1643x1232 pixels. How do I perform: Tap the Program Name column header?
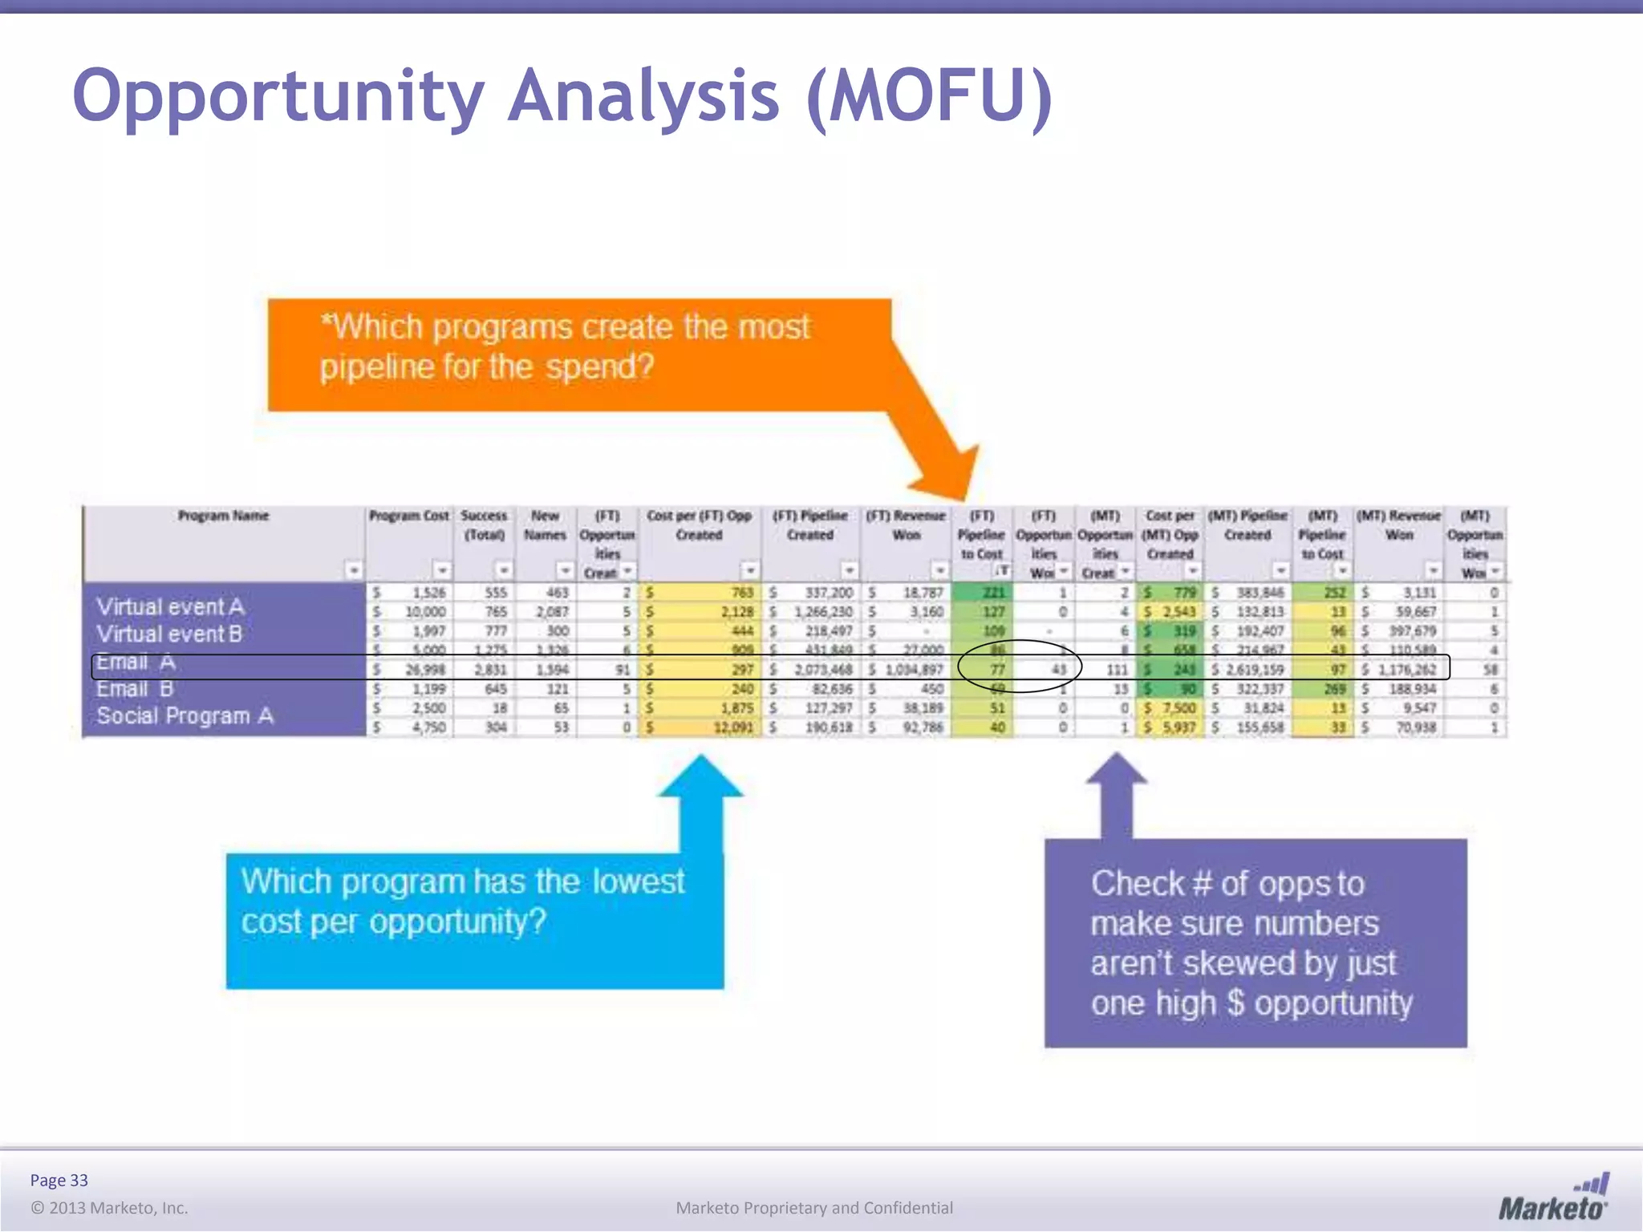(x=223, y=516)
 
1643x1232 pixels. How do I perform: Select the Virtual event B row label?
(x=169, y=634)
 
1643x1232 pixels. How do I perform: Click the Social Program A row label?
(x=185, y=715)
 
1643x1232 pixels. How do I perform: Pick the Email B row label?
(x=135, y=689)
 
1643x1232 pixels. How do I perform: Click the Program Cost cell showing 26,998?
(x=424, y=669)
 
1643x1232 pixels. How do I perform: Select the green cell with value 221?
(x=993, y=593)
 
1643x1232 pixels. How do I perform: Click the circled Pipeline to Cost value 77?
(x=996, y=669)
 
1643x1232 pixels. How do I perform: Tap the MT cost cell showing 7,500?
(x=1178, y=708)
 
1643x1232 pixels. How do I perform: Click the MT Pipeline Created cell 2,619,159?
(x=1254, y=669)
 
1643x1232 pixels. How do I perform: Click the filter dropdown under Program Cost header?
(x=442, y=570)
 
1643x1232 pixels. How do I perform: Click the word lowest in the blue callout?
(x=638, y=881)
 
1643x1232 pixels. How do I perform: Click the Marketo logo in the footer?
(x=1553, y=1198)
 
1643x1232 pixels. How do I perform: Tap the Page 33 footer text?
(x=59, y=1180)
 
